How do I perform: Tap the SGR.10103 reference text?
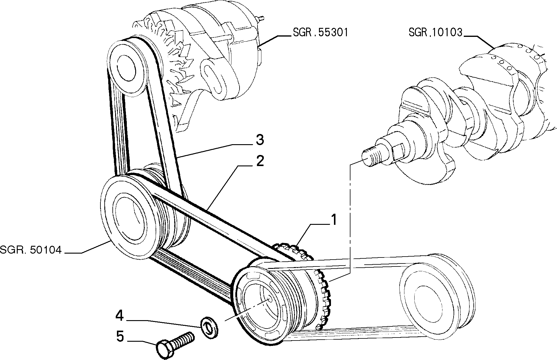[x=436, y=32]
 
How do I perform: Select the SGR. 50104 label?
[x=31, y=250]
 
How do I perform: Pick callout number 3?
[x=260, y=140]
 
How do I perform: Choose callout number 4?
[x=119, y=316]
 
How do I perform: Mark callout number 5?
[x=120, y=336]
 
